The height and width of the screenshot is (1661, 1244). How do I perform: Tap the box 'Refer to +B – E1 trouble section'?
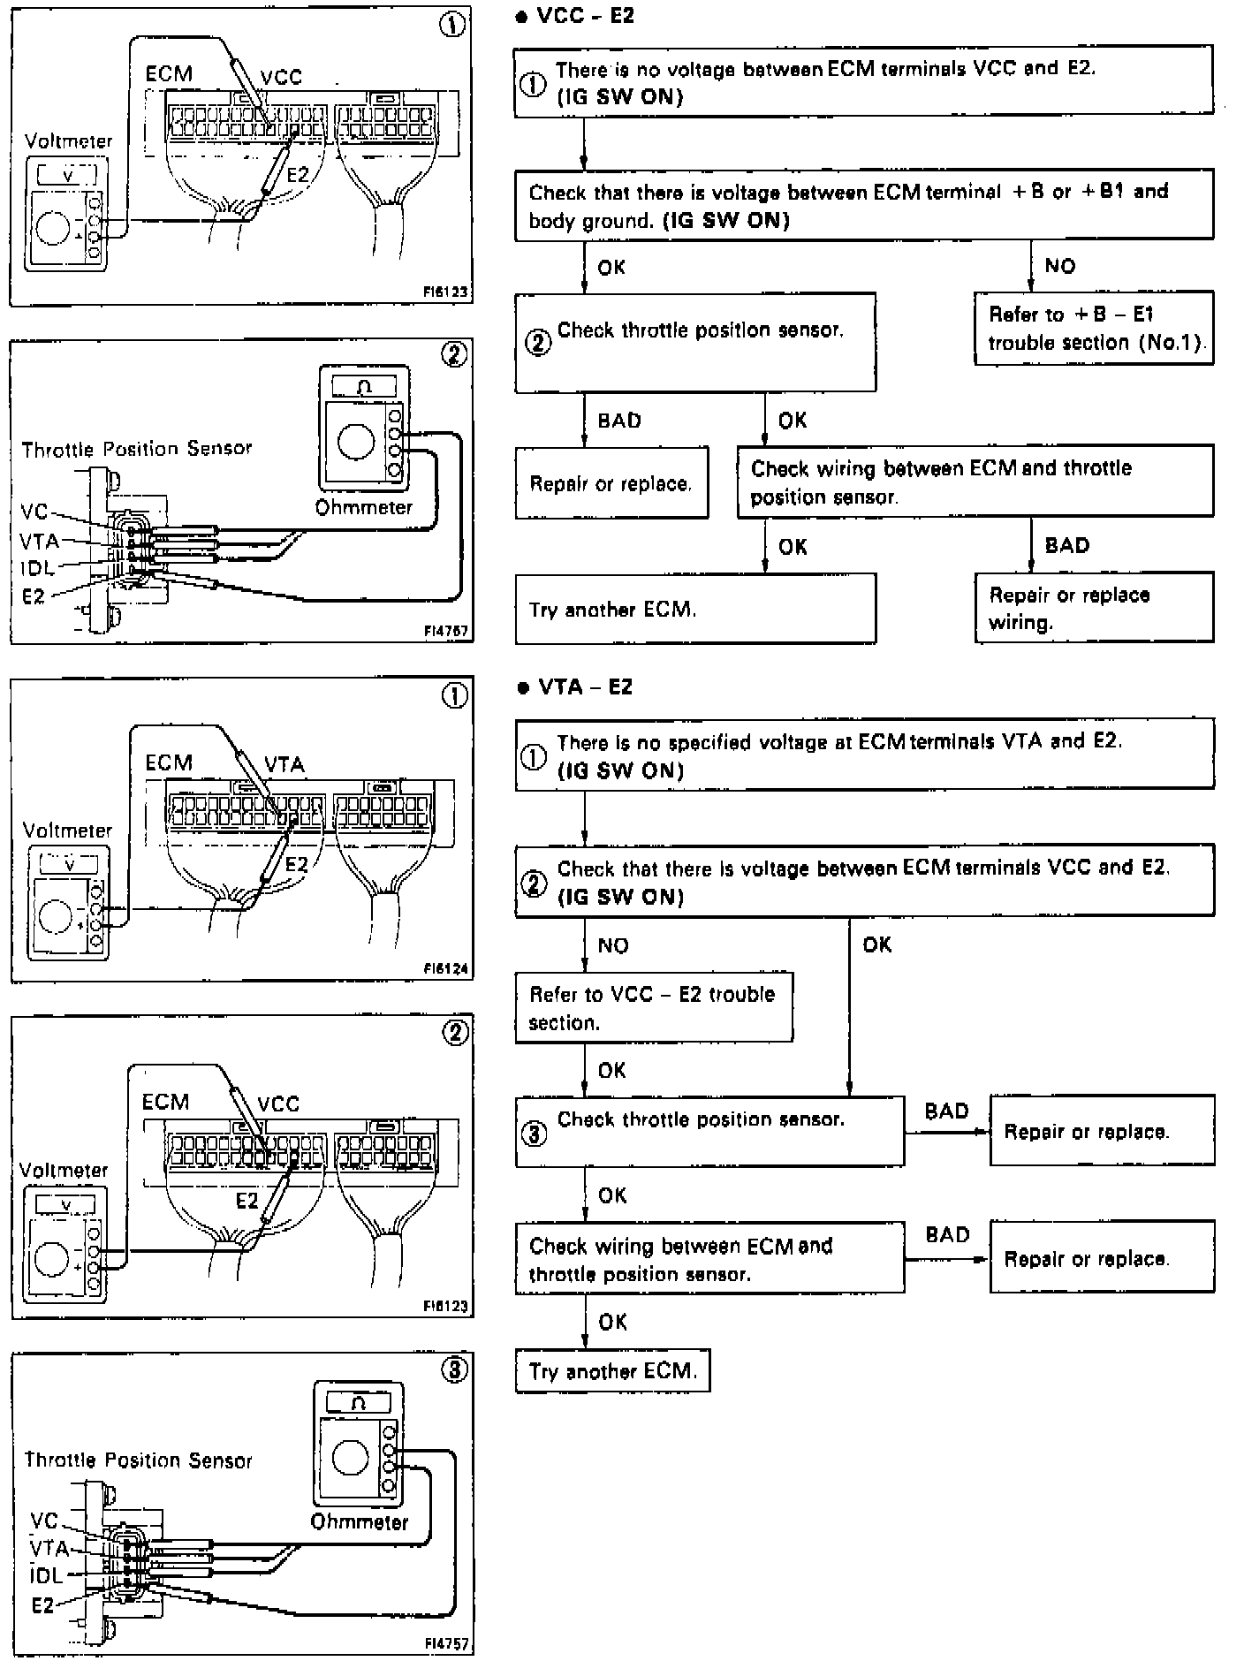pos(1094,329)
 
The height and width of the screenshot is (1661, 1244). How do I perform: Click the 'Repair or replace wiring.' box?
pos(1094,608)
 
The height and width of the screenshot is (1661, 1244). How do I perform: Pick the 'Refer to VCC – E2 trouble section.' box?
pos(654,1008)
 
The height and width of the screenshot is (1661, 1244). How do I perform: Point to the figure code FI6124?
pos(445,970)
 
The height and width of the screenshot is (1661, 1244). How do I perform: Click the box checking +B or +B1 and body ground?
pos(863,206)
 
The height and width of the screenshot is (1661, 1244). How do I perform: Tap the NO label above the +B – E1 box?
pos(1059,266)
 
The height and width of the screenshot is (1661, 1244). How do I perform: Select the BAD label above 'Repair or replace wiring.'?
pos(1067,545)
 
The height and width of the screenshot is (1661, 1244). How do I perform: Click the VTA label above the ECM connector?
pos(284,764)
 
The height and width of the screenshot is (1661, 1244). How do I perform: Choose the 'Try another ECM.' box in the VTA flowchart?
pos(612,1371)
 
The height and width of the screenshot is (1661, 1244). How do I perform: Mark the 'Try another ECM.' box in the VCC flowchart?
pos(695,609)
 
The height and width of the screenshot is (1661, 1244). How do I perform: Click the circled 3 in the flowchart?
pos(535,1134)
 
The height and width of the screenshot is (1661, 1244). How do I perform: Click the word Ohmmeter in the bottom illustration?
pos(360,1522)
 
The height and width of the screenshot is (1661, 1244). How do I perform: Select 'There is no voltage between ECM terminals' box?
pos(863,82)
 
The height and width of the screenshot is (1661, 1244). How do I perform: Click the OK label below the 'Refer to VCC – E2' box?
pos(611,1071)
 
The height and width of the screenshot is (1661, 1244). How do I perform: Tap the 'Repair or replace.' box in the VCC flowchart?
pos(611,483)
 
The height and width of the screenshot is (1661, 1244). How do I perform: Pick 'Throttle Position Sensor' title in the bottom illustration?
pos(138,1460)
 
